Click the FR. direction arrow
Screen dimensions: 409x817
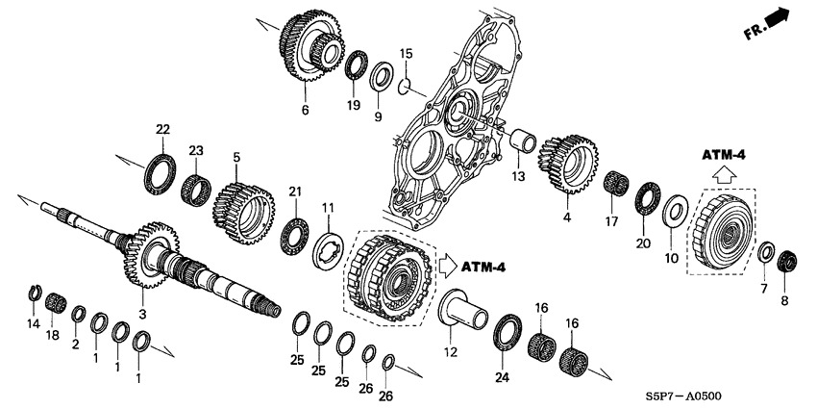775,21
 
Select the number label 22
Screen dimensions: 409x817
162,130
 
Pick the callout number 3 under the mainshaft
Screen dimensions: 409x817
141,315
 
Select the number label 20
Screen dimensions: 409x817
642,243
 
